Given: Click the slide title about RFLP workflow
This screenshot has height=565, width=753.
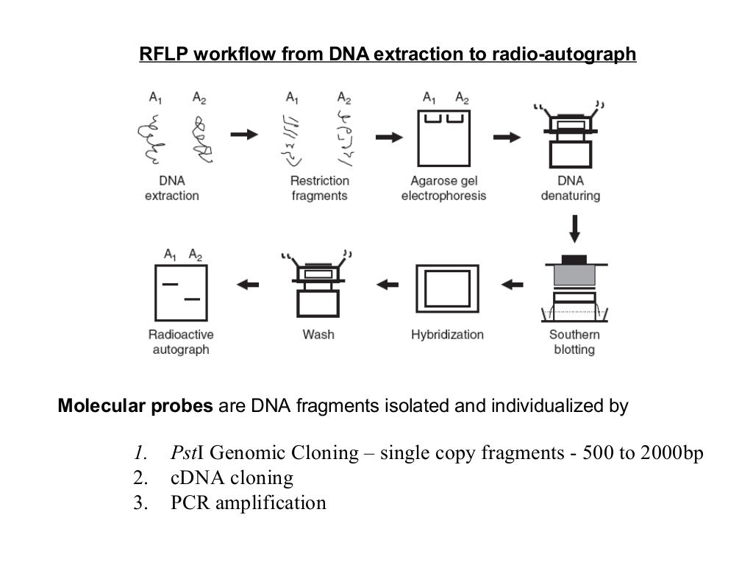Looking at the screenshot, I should pyautogui.click(x=388, y=55).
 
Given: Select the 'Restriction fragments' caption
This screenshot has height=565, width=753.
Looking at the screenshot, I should pyautogui.click(x=320, y=188).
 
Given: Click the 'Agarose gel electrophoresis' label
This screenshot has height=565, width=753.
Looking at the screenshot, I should pyautogui.click(x=443, y=188).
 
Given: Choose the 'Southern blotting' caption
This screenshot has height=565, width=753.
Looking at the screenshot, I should pyautogui.click(x=574, y=342).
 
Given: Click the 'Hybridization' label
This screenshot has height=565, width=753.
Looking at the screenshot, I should pyautogui.click(x=447, y=335).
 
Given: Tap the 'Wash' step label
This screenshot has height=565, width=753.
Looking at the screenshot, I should pyautogui.click(x=318, y=335).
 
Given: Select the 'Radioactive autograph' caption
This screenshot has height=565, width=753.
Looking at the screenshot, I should pyautogui.click(x=181, y=342).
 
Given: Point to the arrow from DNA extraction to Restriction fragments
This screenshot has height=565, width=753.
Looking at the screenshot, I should pyautogui.click(x=244, y=135).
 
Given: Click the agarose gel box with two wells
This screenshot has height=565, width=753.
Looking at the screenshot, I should pyautogui.click(x=443, y=139).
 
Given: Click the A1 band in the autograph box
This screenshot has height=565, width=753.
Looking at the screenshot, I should pyautogui.click(x=170, y=283).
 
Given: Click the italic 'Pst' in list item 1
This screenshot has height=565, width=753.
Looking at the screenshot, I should pyautogui.click(x=182, y=453).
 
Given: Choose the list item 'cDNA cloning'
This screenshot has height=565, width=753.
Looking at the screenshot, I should pyautogui.click(x=232, y=478).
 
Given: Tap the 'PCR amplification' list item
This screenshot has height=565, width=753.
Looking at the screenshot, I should pyautogui.click(x=248, y=503).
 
